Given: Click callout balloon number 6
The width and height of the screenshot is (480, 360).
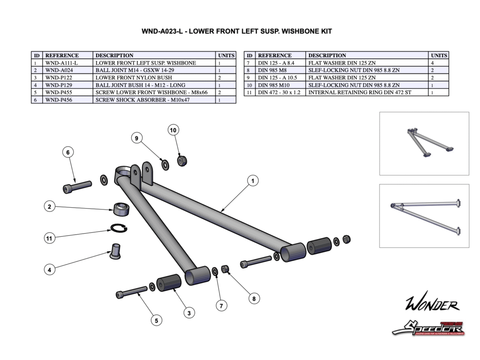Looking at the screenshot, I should [x=68, y=152].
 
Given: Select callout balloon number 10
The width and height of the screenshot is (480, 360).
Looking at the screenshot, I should [x=173, y=130].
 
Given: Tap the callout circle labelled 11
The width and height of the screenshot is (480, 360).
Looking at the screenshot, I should [x=49, y=238].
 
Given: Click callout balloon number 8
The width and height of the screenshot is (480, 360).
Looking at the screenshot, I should [x=254, y=298].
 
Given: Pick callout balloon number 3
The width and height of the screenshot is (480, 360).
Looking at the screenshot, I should [x=189, y=313].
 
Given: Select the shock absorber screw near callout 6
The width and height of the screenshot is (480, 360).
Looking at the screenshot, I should [x=77, y=186].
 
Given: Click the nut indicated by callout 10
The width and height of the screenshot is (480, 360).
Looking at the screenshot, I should [x=182, y=161].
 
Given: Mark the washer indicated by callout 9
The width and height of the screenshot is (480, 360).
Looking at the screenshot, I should [x=165, y=165].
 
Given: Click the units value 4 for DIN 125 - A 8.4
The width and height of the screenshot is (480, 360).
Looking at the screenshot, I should [x=439, y=63].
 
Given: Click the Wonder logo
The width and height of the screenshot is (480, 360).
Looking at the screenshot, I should [x=432, y=305].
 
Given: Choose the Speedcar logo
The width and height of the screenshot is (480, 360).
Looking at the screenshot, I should [x=427, y=328].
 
